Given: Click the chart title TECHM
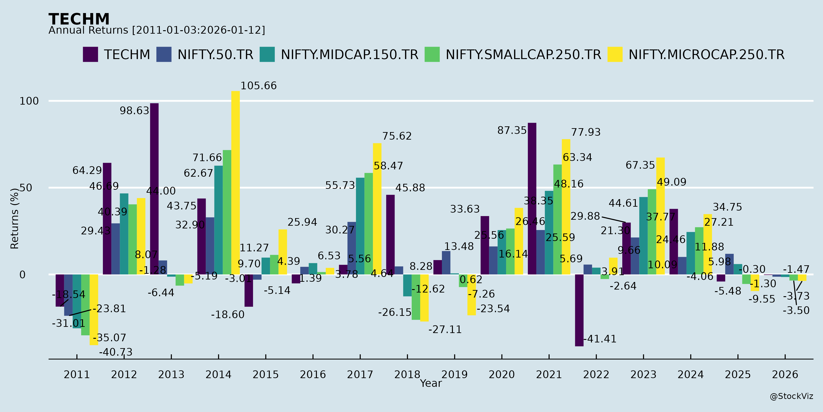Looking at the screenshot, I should [x=79, y=19].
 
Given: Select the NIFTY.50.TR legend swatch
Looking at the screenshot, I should [x=164, y=54].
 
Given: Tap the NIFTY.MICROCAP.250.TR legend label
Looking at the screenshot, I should [x=706, y=55].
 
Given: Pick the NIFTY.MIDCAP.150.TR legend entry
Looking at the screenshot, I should [x=349, y=55].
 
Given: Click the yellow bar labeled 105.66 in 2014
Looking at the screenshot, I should [x=235, y=182].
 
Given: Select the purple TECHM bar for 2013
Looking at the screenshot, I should [x=154, y=189].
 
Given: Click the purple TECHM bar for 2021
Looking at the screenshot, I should [x=532, y=198].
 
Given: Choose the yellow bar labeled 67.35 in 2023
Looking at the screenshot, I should [x=660, y=216].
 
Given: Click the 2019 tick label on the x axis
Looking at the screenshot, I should [x=454, y=374].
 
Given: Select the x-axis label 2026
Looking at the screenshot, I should [x=785, y=374].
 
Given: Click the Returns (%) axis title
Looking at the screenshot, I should [x=15, y=219].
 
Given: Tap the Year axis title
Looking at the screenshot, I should [x=431, y=383].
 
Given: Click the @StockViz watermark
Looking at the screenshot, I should [x=791, y=396].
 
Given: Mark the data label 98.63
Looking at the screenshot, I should [x=134, y=111].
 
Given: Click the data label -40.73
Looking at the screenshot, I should [x=116, y=352].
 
